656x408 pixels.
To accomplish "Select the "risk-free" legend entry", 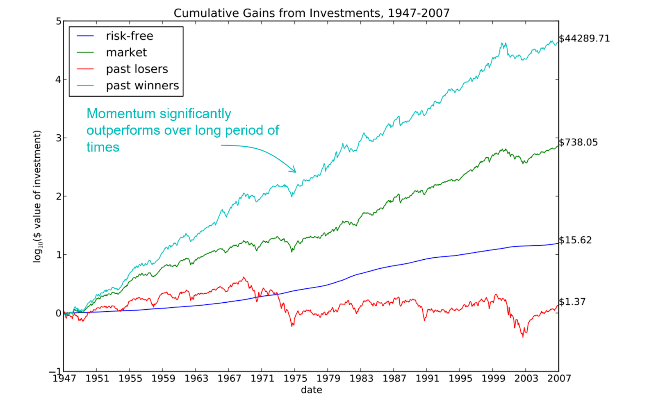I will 129,36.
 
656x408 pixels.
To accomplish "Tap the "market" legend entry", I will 126,52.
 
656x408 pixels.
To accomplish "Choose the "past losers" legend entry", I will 137,69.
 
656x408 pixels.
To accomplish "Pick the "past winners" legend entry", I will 142,86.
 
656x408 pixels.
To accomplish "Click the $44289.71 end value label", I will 584,39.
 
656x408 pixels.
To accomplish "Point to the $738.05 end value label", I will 578,143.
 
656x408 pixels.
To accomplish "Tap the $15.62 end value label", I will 575,240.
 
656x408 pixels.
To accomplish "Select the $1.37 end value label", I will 572,302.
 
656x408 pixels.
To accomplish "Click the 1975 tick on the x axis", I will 295,379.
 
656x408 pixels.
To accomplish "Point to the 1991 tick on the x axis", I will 427,379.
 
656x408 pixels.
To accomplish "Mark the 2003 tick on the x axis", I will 526,379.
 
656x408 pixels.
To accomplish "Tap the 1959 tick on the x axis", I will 163,379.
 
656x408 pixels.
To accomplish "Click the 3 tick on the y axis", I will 59,138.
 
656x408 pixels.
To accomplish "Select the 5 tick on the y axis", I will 59,21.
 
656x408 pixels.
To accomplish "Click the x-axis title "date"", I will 311,390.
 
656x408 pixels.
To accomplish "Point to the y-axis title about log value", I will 38,196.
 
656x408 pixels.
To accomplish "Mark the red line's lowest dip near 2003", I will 523,337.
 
